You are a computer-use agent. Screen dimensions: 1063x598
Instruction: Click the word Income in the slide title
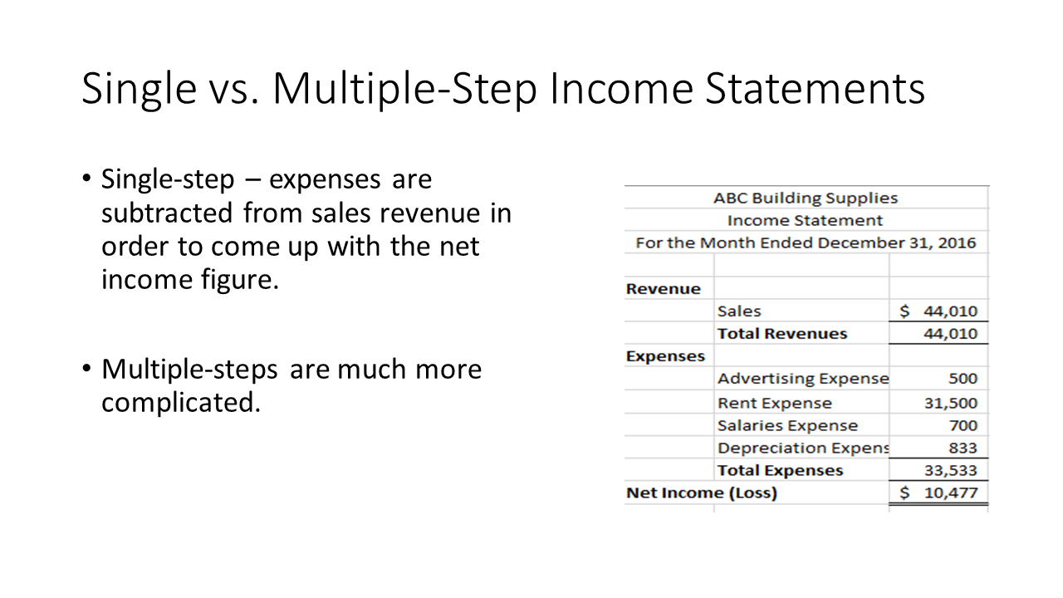click(x=622, y=89)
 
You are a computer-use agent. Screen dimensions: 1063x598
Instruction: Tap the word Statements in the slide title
click(x=815, y=89)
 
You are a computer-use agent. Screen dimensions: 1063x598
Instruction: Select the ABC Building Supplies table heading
click(x=806, y=198)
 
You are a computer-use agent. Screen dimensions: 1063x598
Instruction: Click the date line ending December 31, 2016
click(x=806, y=243)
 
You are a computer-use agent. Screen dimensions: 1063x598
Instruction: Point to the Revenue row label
click(x=663, y=288)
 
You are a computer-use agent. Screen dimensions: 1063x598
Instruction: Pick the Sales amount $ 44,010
click(x=938, y=311)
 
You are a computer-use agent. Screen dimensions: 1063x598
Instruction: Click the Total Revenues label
click(x=782, y=333)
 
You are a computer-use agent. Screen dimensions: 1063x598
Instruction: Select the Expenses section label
click(x=665, y=356)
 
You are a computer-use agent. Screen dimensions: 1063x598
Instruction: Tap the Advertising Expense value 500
click(x=963, y=378)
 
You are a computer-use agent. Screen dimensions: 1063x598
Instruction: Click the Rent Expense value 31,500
click(x=951, y=403)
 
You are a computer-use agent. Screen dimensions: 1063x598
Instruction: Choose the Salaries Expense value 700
click(x=963, y=425)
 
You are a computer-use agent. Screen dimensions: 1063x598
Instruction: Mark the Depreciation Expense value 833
click(x=963, y=448)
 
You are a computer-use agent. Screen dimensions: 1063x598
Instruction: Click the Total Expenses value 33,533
click(x=951, y=470)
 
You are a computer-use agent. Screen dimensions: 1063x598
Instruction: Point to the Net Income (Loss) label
click(x=702, y=493)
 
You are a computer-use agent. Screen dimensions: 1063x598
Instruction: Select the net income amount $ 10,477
click(x=938, y=493)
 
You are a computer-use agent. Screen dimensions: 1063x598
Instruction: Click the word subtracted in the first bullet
click(x=167, y=213)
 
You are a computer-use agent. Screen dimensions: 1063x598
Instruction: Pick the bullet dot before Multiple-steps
click(x=86, y=368)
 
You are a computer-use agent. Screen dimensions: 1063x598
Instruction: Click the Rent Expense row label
click(x=775, y=403)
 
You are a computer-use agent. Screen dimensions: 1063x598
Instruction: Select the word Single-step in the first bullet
click(x=168, y=180)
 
